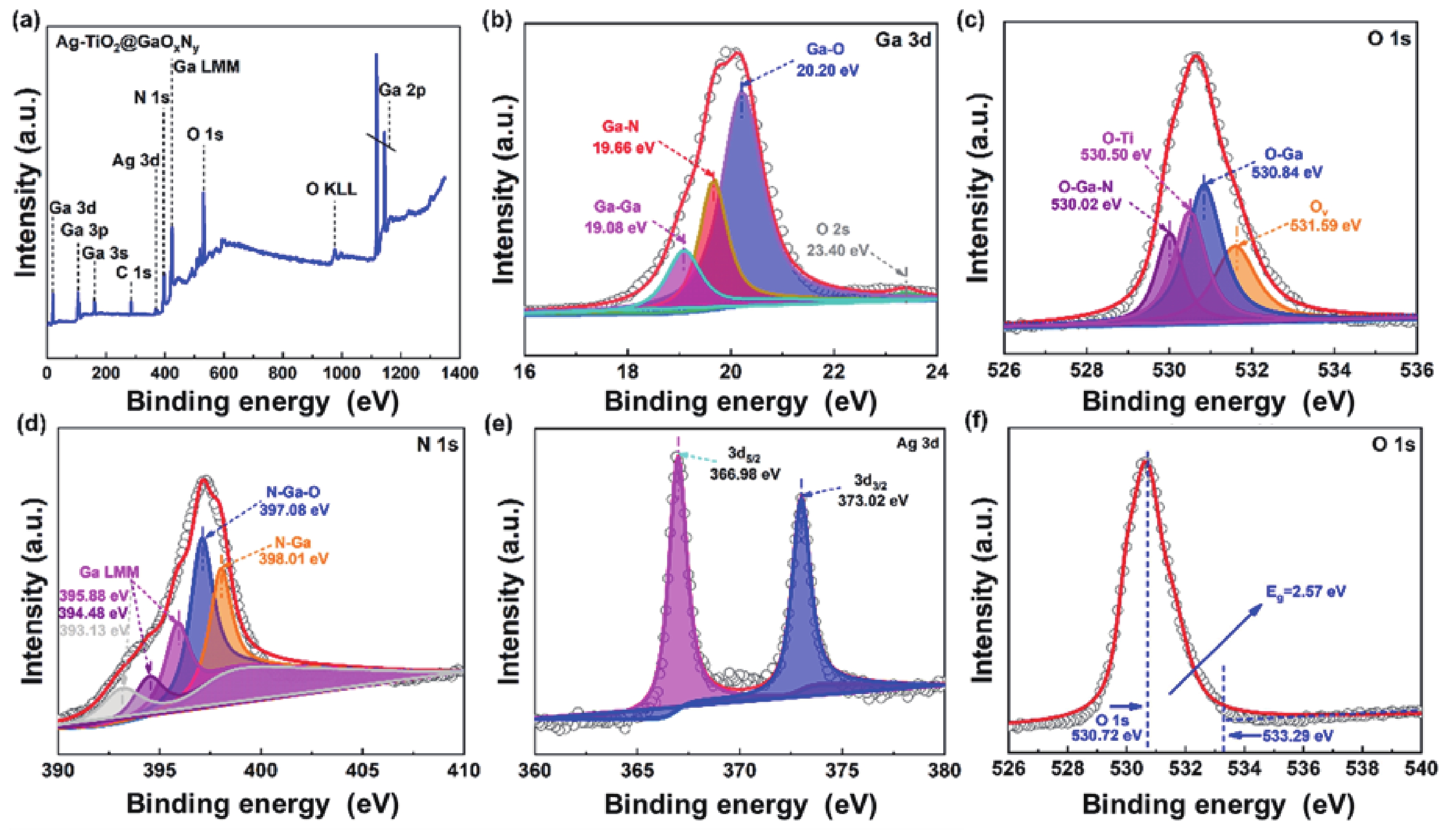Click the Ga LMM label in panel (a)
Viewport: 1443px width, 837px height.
(x=207, y=67)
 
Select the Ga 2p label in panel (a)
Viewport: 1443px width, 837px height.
(x=403, y=90)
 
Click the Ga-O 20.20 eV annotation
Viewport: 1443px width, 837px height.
(x=827, y=60)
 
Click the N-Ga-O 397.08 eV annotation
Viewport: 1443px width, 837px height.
(x=297, y=500)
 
